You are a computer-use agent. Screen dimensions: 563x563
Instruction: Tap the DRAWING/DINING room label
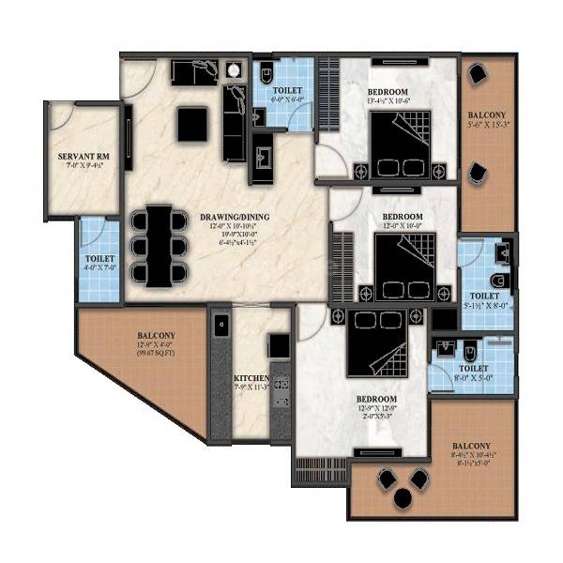point(235,218)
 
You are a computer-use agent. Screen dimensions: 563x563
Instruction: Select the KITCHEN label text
point(251,379)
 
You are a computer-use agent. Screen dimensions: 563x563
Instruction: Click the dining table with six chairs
point(160,244)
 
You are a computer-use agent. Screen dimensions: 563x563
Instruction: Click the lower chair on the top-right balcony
point(479,173)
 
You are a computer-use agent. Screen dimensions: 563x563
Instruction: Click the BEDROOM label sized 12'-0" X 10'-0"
point(403,217)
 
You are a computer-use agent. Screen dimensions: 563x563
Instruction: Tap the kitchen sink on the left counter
point(220,327)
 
